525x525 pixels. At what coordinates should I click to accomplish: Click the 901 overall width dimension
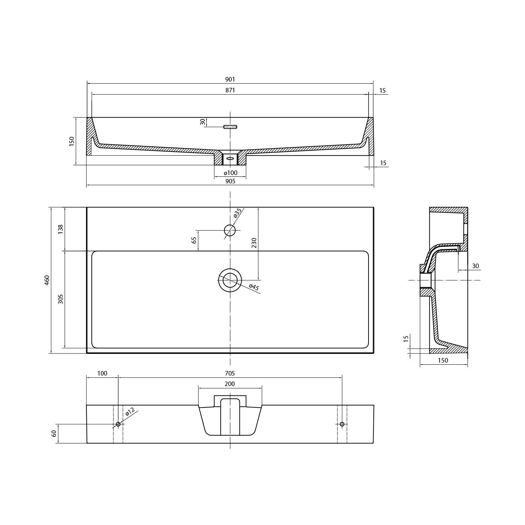click(x=230, y=79)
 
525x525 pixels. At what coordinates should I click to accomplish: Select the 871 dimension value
click(x=230, y=90)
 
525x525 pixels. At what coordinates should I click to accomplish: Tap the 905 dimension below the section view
click(x=230, y=181)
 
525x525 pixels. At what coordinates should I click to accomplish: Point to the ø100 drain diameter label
click(x=230, y=173)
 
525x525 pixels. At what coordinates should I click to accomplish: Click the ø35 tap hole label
click(x=237, y=213)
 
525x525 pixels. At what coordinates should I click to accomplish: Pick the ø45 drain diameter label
click(x=254, y=287)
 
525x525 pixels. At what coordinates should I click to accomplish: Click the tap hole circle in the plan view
click(x=230, y=230)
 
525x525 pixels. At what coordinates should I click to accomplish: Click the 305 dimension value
click(x=61, y=299)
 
